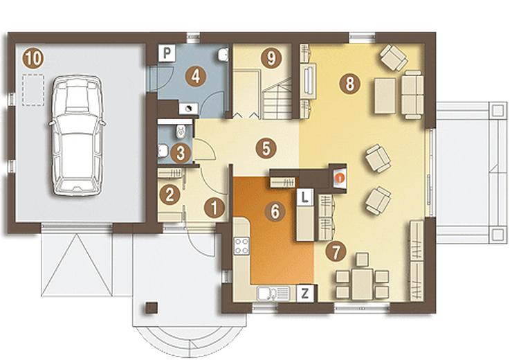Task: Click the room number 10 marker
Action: point(33,58)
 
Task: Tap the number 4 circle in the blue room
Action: point(196,77)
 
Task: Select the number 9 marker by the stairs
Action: point(271,58)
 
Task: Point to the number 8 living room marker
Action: point(349,84)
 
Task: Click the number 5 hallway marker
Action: point(266,148)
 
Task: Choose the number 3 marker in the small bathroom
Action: point(181,153)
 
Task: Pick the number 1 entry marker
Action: point(214,208)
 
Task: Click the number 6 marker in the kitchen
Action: point(275,211)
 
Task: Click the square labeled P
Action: point(167,53)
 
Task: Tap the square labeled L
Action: point(304,197)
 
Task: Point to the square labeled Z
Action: point(304,294)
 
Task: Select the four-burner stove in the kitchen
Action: point(241,246)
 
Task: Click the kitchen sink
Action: point(273,293)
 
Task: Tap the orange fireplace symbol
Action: point(340,178)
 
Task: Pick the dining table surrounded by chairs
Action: point(362,284)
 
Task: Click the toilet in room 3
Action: point(181,132)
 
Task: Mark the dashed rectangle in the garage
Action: point(33,90)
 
